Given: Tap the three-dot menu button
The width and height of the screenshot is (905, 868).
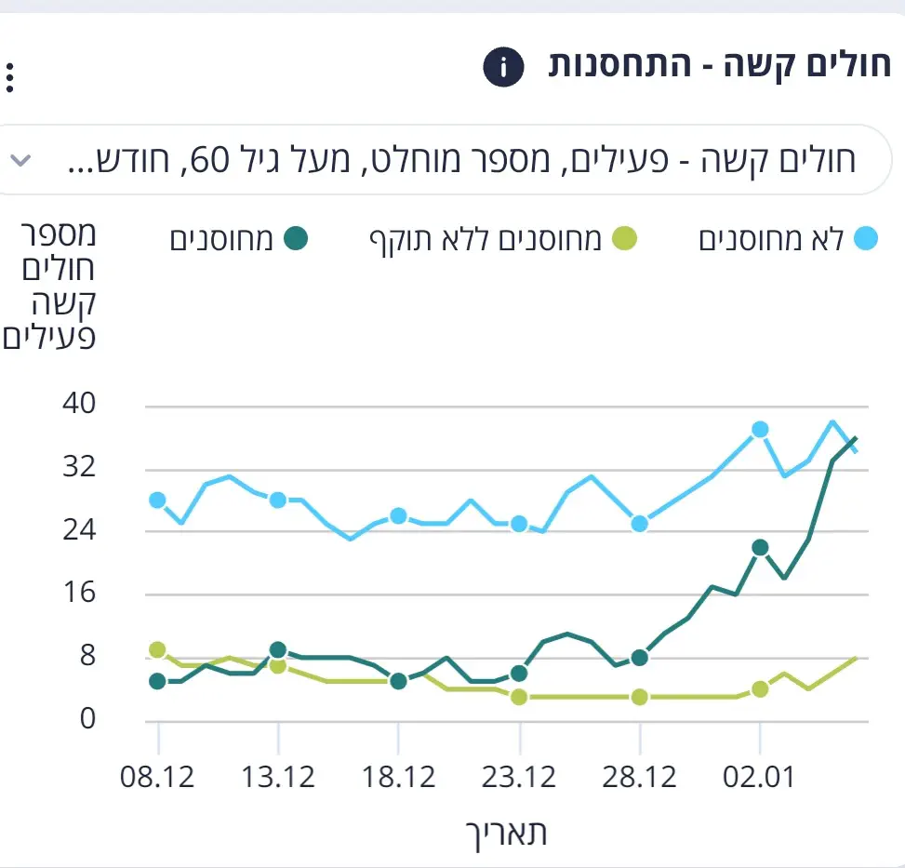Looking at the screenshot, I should tap(10, 77).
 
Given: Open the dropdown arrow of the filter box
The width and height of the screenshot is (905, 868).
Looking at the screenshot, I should tap(20, 160).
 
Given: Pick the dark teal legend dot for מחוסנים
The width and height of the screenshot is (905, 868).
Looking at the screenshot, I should tap(296, 239).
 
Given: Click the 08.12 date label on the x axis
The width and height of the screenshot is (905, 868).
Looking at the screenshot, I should tap(157, 777).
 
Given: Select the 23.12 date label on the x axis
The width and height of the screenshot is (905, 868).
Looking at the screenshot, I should tap(519, 777).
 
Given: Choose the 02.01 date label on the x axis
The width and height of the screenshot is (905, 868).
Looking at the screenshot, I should tap(759, 777).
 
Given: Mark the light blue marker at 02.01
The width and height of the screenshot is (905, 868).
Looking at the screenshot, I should tap(760, 429).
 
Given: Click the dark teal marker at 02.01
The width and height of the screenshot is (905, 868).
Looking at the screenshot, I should tap(760, 547).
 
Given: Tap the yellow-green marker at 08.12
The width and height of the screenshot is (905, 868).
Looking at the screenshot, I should tap(157, 649).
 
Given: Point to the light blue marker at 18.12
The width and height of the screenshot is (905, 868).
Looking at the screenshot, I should tap(398, 515).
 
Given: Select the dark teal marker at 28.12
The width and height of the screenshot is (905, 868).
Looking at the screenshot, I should tap(639, 658).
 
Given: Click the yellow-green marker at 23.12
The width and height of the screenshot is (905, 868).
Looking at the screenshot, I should tap(519, 697).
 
